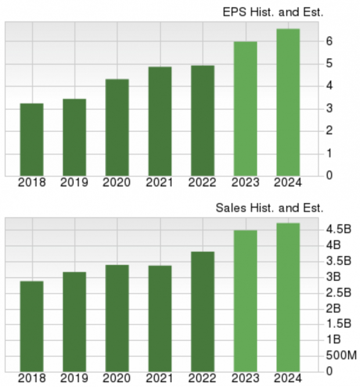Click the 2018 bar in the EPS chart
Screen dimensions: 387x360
32,139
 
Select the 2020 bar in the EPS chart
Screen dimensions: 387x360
117,127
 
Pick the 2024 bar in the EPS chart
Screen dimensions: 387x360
288,102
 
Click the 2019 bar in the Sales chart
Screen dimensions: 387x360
75,321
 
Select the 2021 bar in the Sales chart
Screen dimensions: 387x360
160,318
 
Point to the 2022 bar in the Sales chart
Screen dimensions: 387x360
203,311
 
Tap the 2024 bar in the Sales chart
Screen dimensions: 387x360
288,296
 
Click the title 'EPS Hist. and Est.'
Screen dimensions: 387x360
273,11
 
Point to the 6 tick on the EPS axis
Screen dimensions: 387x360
329,41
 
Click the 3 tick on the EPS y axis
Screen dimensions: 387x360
329,109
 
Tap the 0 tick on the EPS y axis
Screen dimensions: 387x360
329,175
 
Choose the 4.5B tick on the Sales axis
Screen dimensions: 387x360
339,229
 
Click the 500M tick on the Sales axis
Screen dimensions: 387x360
340,355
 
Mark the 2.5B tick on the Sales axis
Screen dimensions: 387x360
339,292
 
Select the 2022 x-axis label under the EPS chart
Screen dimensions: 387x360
203,182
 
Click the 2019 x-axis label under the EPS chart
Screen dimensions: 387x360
75,182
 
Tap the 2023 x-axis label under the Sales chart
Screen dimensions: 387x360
245,378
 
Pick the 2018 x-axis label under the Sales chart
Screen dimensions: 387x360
32,378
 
